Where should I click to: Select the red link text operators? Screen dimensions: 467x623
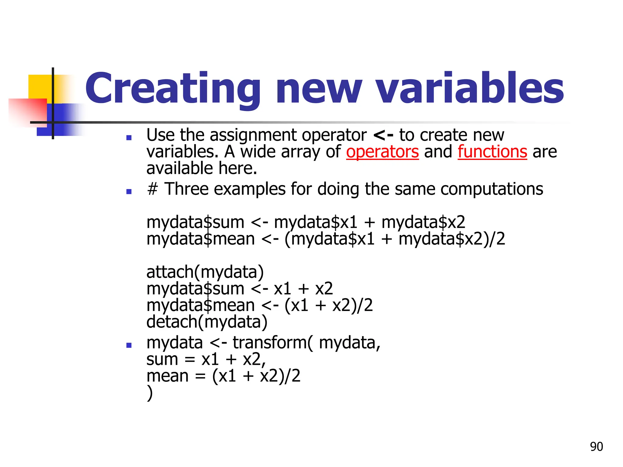coord(382,152)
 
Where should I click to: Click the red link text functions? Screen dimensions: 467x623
coord(492,152)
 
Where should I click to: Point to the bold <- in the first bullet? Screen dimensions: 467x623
coord(383,135)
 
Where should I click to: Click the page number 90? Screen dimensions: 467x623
coord(596,447)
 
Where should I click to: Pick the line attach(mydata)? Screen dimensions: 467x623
coord(205,272)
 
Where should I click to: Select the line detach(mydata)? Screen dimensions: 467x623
coord(207,322)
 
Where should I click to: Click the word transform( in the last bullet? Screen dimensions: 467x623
coord(273,343)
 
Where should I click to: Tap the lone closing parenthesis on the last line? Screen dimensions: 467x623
coord(150,393)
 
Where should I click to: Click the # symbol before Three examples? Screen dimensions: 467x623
coord(152,189)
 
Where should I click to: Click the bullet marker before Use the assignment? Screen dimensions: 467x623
coord(129,138)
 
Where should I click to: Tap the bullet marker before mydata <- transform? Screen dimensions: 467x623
coord(129,345)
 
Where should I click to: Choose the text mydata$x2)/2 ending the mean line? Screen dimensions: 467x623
coord(452,239)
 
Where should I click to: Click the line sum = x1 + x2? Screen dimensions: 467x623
coord(206,359)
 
